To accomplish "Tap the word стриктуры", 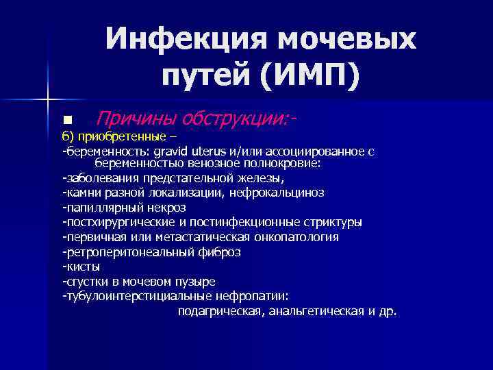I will pyautogui.click(x=331, y=222).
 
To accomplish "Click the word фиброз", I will pyautogui.click(x=222, y=251).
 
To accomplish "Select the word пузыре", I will pyautogui.click(x=194, y=282).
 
